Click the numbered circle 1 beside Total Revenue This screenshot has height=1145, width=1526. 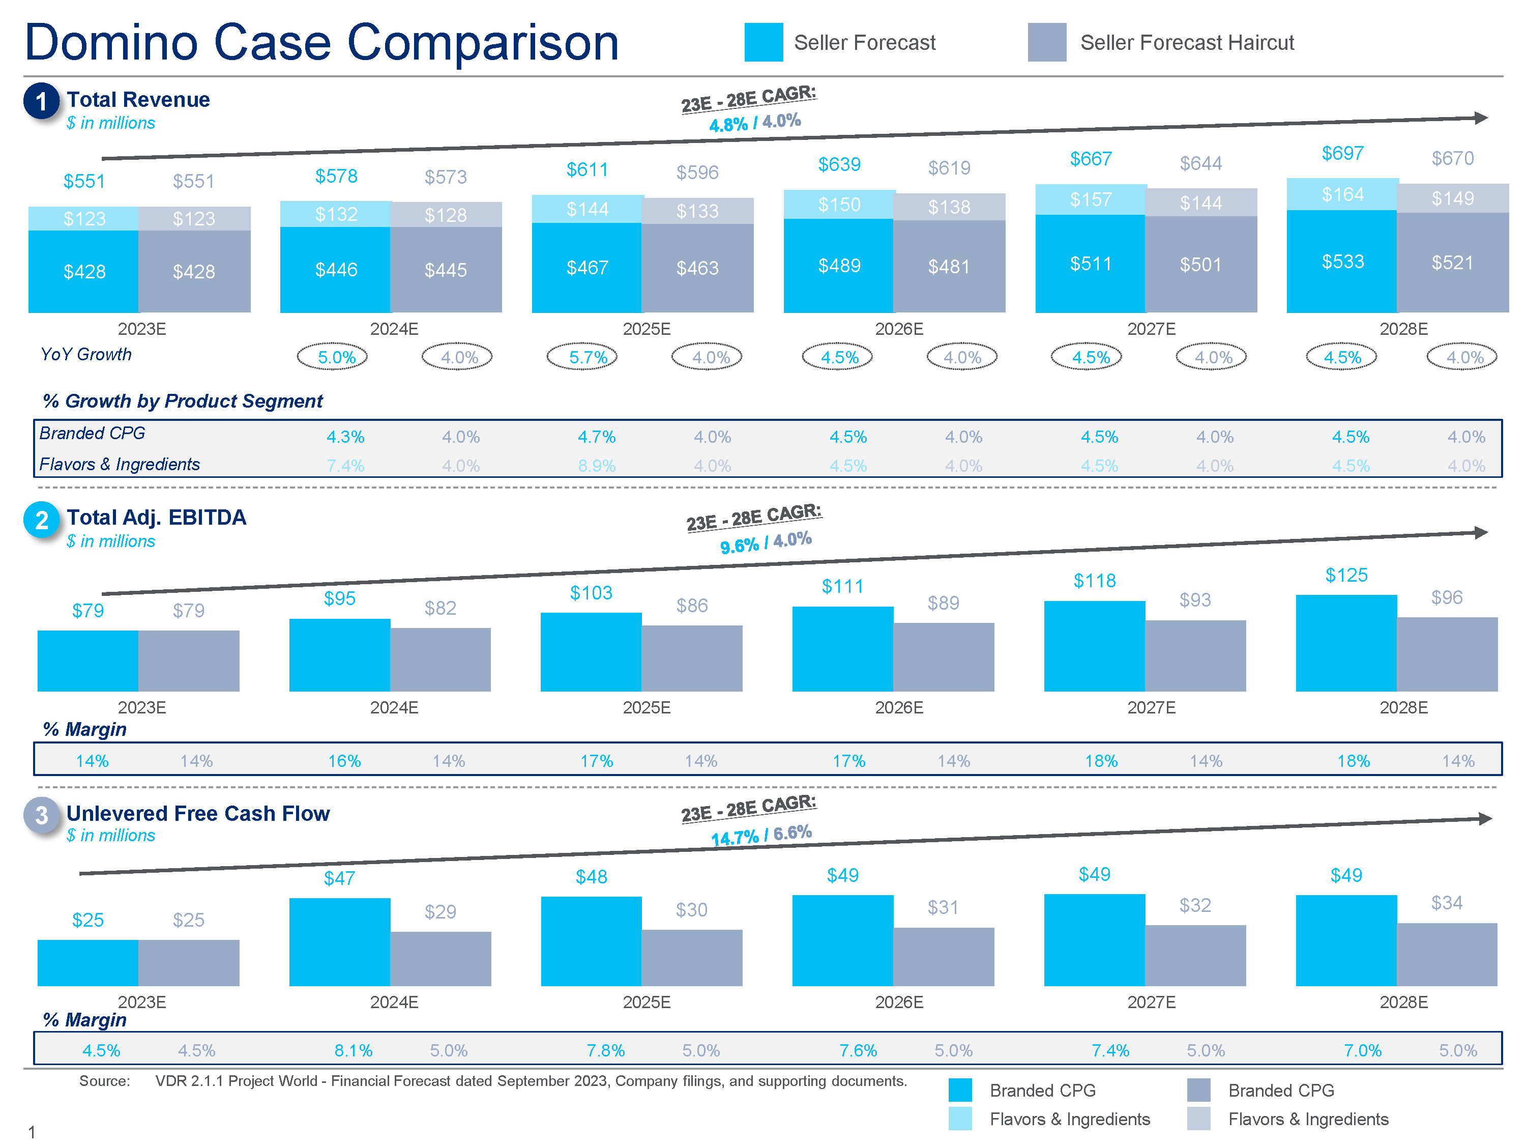41,101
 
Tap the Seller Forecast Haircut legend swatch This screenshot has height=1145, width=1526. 1046,42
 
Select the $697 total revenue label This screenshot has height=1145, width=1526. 1342,153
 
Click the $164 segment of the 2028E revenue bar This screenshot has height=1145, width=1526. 1342,194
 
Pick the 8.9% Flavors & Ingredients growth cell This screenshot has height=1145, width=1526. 597,466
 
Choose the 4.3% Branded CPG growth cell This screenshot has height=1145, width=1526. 345,437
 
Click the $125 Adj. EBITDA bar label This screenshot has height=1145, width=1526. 1346,575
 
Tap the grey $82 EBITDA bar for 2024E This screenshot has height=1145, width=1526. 440,659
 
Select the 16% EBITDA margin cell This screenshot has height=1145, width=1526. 344,761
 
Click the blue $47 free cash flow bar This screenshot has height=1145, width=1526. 339,941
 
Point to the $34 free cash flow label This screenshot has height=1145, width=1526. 1446,903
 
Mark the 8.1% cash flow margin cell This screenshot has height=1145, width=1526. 353,1050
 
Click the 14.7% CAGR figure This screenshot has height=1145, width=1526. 734,838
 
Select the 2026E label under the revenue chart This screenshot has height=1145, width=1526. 899,329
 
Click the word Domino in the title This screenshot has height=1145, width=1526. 112,43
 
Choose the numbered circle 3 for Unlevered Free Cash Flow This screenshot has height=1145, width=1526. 41,815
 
